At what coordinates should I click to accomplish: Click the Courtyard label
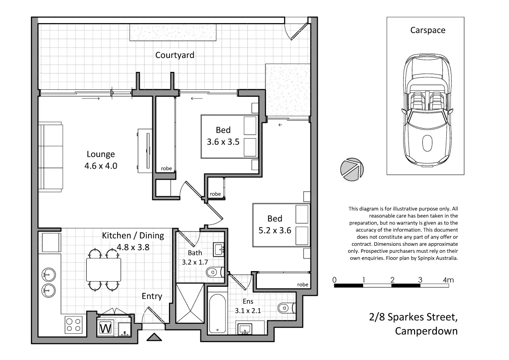[x=175, y=55]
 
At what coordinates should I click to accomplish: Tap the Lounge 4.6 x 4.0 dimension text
[x=101, y=166]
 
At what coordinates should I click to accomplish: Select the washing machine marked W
[x=105, y=328]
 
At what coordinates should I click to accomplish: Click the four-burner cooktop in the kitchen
[x=73, y=325]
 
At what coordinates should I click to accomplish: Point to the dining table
[x=104, y=270]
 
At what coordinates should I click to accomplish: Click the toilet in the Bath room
[x=215, y=272]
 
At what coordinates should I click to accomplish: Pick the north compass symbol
[x=352, y=169]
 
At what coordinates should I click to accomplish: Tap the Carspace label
[x=428, y=30]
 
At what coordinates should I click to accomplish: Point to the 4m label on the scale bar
[x=448, y=280]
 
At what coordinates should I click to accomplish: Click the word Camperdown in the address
[x=426, y=331]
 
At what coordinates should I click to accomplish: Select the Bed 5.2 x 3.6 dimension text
[x=275, y=231]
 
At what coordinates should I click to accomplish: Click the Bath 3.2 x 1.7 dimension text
[x=195, y=262]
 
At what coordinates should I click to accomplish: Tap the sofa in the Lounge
[x=51, y=157]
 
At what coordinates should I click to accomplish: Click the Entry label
[x=152, y=296]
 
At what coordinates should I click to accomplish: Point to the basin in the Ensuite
[x=244, y=329]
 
